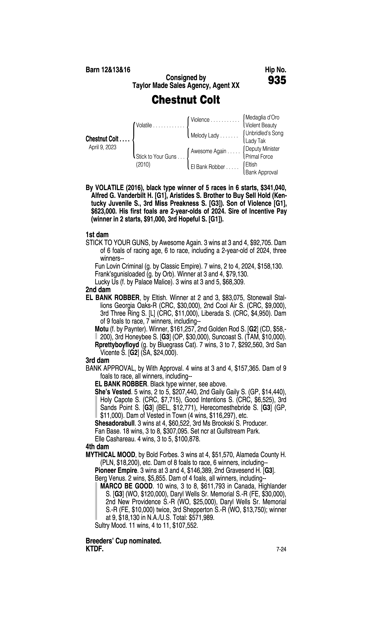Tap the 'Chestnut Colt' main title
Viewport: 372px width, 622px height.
[x=186, y=100]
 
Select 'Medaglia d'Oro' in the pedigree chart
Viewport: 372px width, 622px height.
[x=262, y=117]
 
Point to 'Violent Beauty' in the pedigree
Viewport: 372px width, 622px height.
[x=261, y=125]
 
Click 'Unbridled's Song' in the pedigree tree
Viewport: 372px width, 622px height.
[x=264, y=133]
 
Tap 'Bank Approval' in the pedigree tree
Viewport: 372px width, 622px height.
[x=261, y=172]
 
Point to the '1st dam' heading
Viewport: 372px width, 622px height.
[x=97, y=235]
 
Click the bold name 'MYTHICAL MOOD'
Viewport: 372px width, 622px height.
[x=110, y=455]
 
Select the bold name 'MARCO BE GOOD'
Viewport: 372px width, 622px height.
[x=126, y=486]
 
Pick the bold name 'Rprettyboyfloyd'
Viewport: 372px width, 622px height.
[x=117, y=345]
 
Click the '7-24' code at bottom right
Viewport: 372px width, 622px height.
[x=281, y=549]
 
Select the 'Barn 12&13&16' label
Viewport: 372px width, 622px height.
[x=108, y=70]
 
